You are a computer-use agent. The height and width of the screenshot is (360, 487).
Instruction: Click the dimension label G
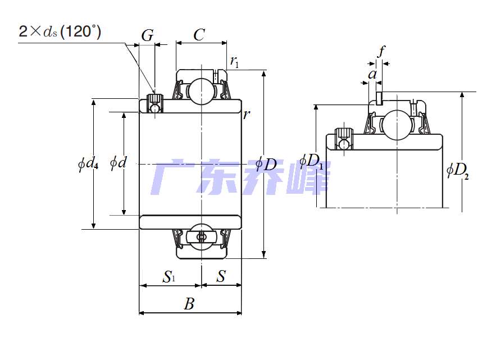tap(148, 35)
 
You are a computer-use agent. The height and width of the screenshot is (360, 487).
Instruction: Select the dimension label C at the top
tap(199, 35)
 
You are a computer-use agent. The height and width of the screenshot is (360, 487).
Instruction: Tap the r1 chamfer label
tap(234, 62)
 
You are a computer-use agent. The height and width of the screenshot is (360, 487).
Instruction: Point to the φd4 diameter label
tap(88, 163)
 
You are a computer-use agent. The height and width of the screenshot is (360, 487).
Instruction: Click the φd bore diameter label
tap(119, 162)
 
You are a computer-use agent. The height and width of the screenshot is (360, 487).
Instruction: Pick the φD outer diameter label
tap(266, 163)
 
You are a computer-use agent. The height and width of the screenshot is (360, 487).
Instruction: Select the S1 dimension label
tap(169, 276)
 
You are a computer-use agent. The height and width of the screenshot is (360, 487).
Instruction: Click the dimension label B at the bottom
tap(189, 303)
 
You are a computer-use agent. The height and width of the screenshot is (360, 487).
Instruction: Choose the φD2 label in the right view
tap(457, 170)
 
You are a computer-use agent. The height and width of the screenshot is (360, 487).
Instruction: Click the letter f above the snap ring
tap(381, 51)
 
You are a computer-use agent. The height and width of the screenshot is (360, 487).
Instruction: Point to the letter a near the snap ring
tap(372, 75)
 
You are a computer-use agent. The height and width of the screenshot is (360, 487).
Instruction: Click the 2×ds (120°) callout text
tap(60, 31)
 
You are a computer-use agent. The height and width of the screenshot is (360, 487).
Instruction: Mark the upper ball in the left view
tap(202, 92)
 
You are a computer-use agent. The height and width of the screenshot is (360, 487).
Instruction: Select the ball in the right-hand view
tap(397, 125)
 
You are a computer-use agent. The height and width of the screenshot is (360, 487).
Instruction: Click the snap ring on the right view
tap(379, 98)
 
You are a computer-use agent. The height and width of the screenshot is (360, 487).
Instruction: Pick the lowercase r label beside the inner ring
tap(246, 115)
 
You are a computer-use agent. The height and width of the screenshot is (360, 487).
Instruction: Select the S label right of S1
tap(221, 276)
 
